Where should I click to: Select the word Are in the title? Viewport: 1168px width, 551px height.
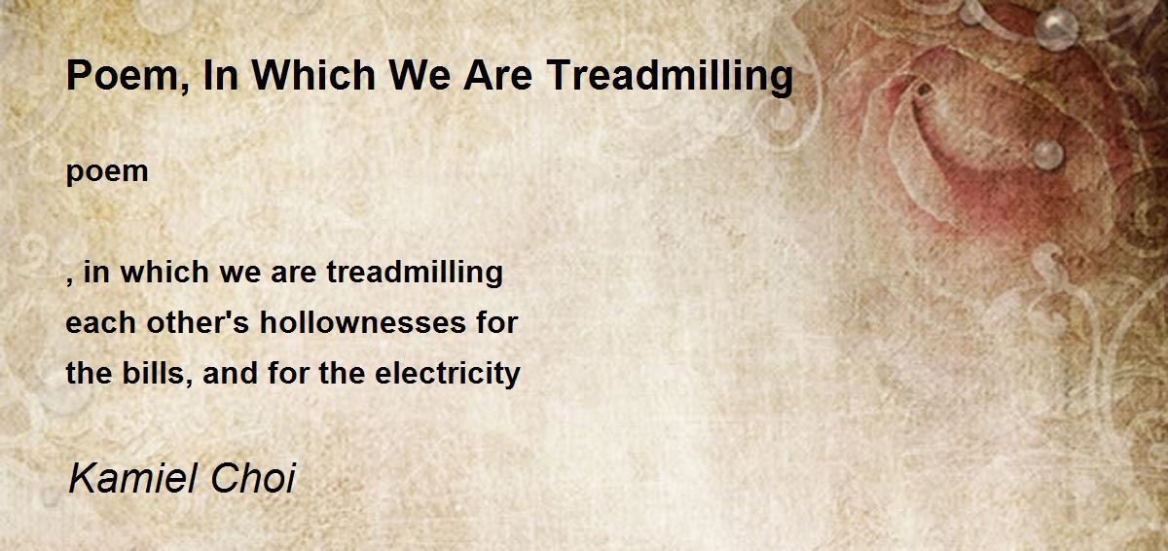point(498,75)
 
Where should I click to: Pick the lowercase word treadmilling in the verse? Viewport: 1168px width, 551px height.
point(415,274)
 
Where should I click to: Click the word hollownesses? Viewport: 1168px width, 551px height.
point(363,322)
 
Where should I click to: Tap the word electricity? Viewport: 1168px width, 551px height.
point(448,374)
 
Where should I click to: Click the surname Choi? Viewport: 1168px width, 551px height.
point(253,479)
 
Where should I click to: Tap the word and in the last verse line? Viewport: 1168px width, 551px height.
point(231,374)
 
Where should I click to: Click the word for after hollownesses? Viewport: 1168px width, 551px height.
point(497,322)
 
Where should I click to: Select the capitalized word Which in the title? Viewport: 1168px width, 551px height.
point(313,75)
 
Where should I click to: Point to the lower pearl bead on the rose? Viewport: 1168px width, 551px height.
point(1048,155)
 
